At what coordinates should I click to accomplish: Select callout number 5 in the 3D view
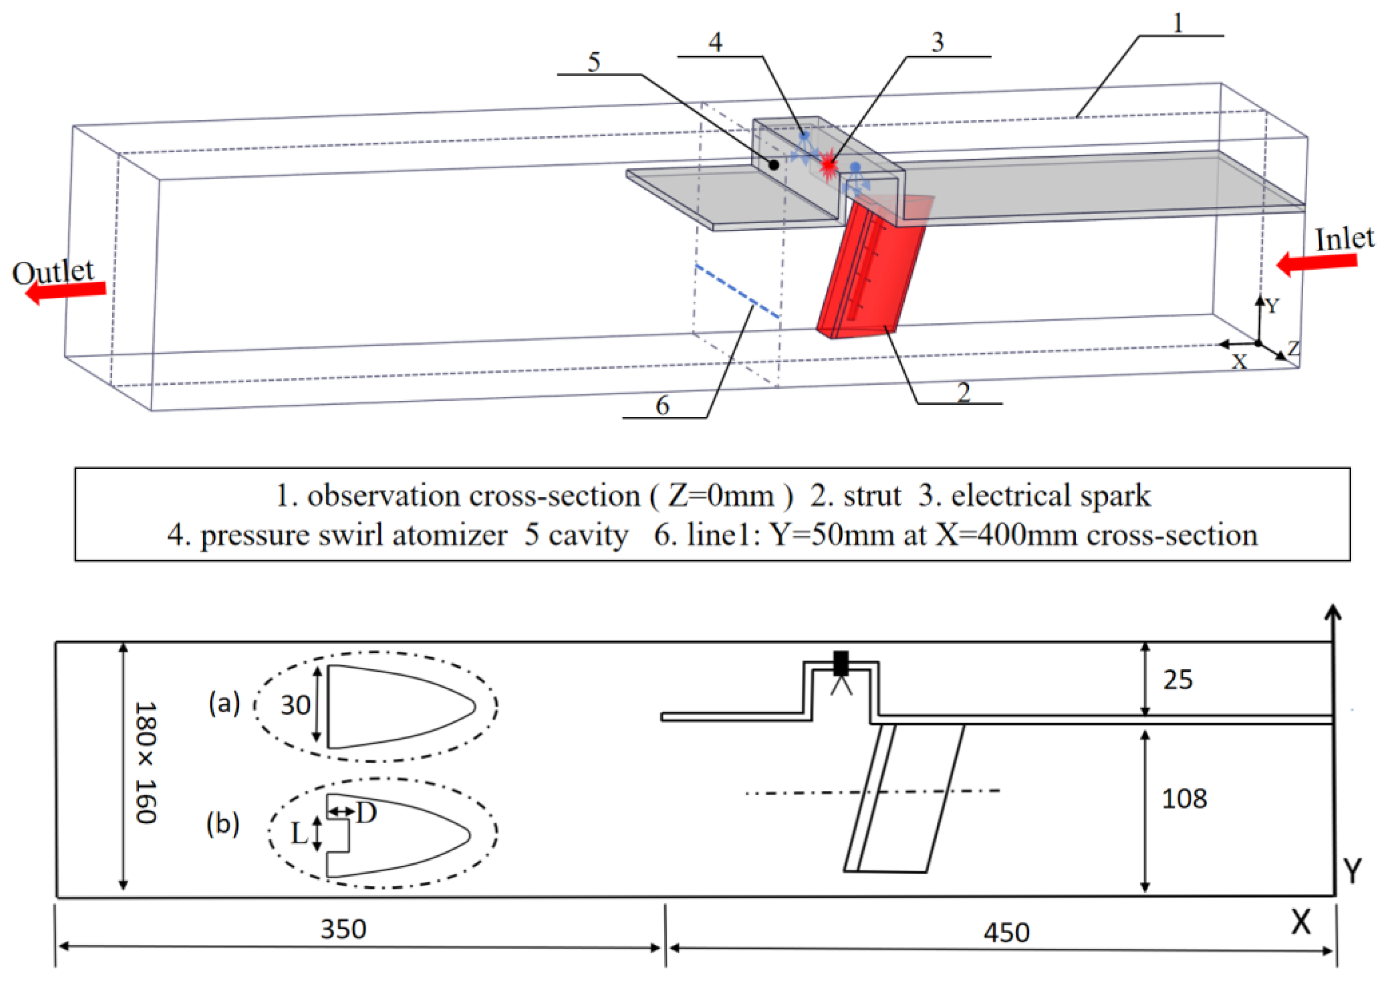pos(593,62)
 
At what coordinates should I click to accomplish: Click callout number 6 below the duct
pos(663,405)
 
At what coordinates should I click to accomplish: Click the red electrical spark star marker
pos(829,166)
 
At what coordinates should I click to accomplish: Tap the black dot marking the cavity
pos(774,164)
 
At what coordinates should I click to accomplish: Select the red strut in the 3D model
pos(868,275)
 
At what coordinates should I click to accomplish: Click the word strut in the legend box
pos(872,496)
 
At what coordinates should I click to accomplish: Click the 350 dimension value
pos(343,929)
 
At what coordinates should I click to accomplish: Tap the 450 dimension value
pos(1007,932)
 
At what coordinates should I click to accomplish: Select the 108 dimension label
pos(1184,799)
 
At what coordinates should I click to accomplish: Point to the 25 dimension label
pos(1178,679)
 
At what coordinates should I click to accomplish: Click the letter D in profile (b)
pos(366,813)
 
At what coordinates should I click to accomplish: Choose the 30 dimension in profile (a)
pos(295,705)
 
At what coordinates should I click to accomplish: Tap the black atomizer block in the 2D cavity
pos(841,663)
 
